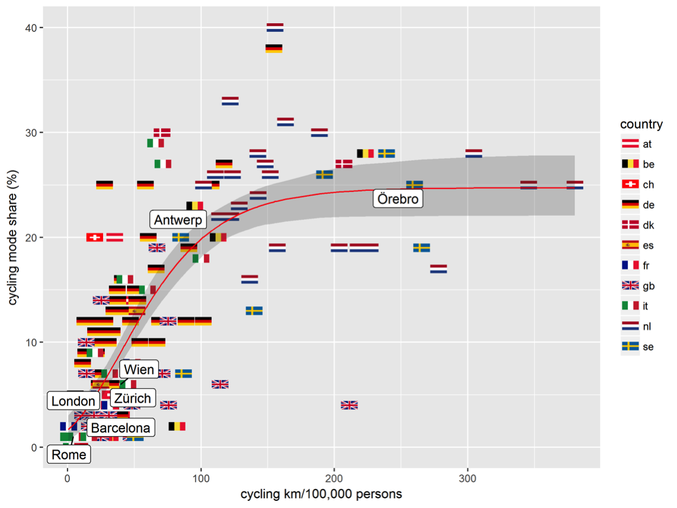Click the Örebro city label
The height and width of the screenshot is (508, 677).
pyautogui.click(x=398, y=199)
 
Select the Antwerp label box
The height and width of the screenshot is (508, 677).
pyautogui.click(x=178, y=220)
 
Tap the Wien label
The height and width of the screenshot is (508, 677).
pyautogui.click(x=139, y=370)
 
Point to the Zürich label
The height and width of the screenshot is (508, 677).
pyautogui.click(x=132, y=398)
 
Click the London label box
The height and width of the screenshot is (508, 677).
pyautogui.click(x=74, y=401)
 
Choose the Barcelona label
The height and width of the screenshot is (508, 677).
pyautogui.click(x=121, y=428)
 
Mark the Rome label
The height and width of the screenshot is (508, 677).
pyautogui.click(x=69, y=455)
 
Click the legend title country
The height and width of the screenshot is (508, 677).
pyautogui.click(x=641, y=124)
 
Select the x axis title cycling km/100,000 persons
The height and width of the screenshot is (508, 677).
pyautogui.click(x=321, y=494)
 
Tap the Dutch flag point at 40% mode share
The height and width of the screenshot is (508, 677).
pyautogui.click(x=274, y=27)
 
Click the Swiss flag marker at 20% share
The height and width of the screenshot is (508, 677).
pyautogui.click(x=95, y=237)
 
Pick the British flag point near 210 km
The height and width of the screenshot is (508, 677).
pyautogui.click(x=349, y=405)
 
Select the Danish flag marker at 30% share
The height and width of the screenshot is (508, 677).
pyautogui.click(x=162, y=132)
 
